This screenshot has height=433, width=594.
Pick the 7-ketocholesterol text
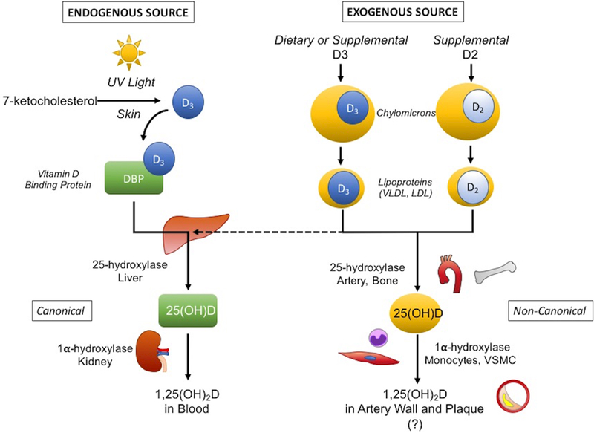pos(49,102)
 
